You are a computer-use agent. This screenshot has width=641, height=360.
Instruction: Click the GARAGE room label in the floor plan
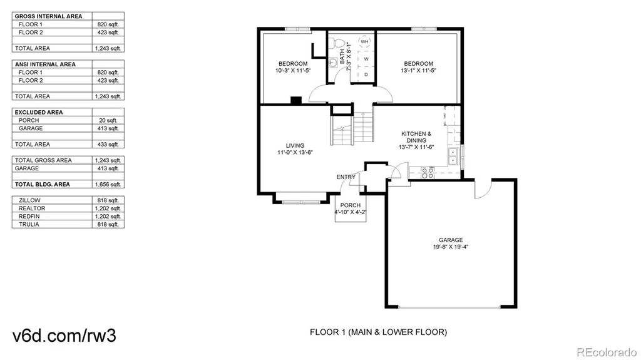click(451, 240)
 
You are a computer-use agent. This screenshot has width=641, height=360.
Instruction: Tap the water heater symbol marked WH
click(364, 42)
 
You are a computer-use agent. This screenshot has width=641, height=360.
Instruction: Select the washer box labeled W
click(366, 59)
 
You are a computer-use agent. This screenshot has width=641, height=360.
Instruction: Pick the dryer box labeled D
click(366, 75)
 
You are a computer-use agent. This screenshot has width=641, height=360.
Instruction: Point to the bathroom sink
click(333, 63)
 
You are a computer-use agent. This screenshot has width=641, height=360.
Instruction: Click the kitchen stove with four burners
click(428, 173)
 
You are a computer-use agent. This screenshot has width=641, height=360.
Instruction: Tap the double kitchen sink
click(453, 157)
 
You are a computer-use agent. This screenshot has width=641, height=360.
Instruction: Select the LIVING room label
click(295, 146)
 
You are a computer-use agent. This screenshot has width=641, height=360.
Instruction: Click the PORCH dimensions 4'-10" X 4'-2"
click(351, 212)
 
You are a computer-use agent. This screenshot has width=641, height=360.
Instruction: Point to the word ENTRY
click(346, 177)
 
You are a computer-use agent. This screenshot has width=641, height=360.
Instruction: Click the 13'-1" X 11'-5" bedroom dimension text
click(418, 70)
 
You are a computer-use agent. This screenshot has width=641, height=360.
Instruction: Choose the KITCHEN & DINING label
click(416, 137)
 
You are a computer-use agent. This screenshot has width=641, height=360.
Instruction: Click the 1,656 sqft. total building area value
click(108, 185)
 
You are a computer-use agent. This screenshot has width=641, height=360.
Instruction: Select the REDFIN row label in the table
click(29, 217)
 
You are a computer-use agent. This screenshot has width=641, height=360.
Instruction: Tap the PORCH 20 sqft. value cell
click(108, 120)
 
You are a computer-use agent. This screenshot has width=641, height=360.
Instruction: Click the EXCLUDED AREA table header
click(39, 113)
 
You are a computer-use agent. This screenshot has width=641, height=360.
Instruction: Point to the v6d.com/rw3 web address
click(64, 336)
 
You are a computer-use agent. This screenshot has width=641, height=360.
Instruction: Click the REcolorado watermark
click(607, 352)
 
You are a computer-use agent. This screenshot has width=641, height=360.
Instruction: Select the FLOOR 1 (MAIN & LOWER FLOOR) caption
click(378, 332)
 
